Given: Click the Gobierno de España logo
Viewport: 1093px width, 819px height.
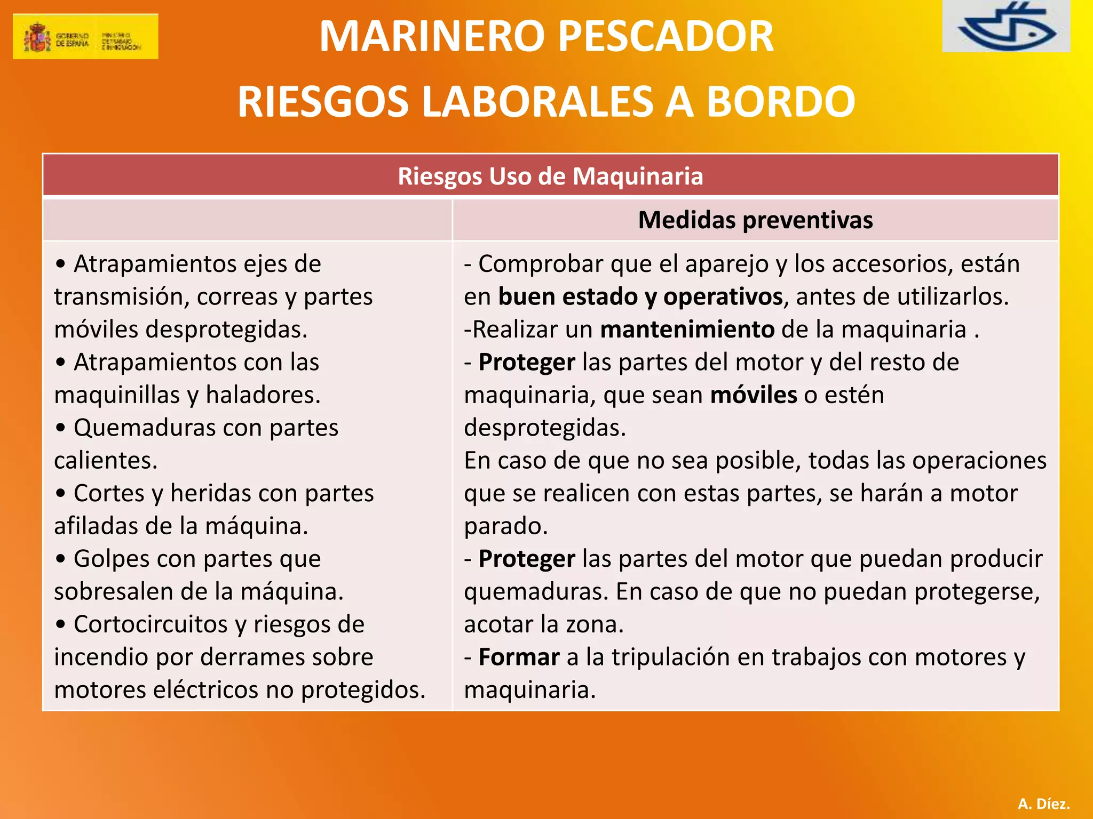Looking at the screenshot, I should [85, 36].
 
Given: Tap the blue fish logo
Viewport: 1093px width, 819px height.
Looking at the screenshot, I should [1006, 27].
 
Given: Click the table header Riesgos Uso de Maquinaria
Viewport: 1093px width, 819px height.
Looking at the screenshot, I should [550, 176].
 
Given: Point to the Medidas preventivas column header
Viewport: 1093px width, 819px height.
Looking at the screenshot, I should [755, 220].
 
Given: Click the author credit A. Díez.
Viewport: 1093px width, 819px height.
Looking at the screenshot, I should [1043, 804].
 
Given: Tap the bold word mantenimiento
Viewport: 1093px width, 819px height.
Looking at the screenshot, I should [687, 329].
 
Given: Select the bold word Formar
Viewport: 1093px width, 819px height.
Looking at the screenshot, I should [519, 657].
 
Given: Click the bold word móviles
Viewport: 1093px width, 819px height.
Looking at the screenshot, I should [754, 395].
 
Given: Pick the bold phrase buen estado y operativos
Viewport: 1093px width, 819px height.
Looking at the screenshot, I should [640, 296].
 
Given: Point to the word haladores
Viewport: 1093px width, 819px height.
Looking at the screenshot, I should [263, 395].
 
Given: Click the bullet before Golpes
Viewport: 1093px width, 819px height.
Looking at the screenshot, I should [61, 559].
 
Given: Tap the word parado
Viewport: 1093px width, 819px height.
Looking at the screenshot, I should [505, 526].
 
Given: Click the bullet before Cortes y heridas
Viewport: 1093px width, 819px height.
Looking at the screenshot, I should [61, 494].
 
